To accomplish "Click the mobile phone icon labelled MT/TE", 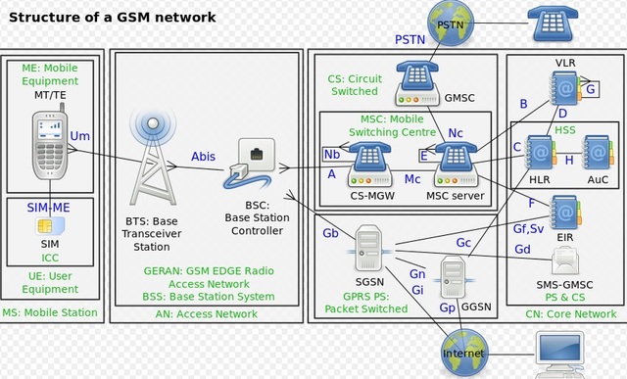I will [51, 143].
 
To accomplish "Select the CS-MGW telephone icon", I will [369, 162].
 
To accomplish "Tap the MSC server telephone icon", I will [456, 161].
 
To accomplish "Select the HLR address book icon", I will [539, 153].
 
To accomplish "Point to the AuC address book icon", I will [596, 153].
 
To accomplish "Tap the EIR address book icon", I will [565, 212].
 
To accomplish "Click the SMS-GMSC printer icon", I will [566, 260].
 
